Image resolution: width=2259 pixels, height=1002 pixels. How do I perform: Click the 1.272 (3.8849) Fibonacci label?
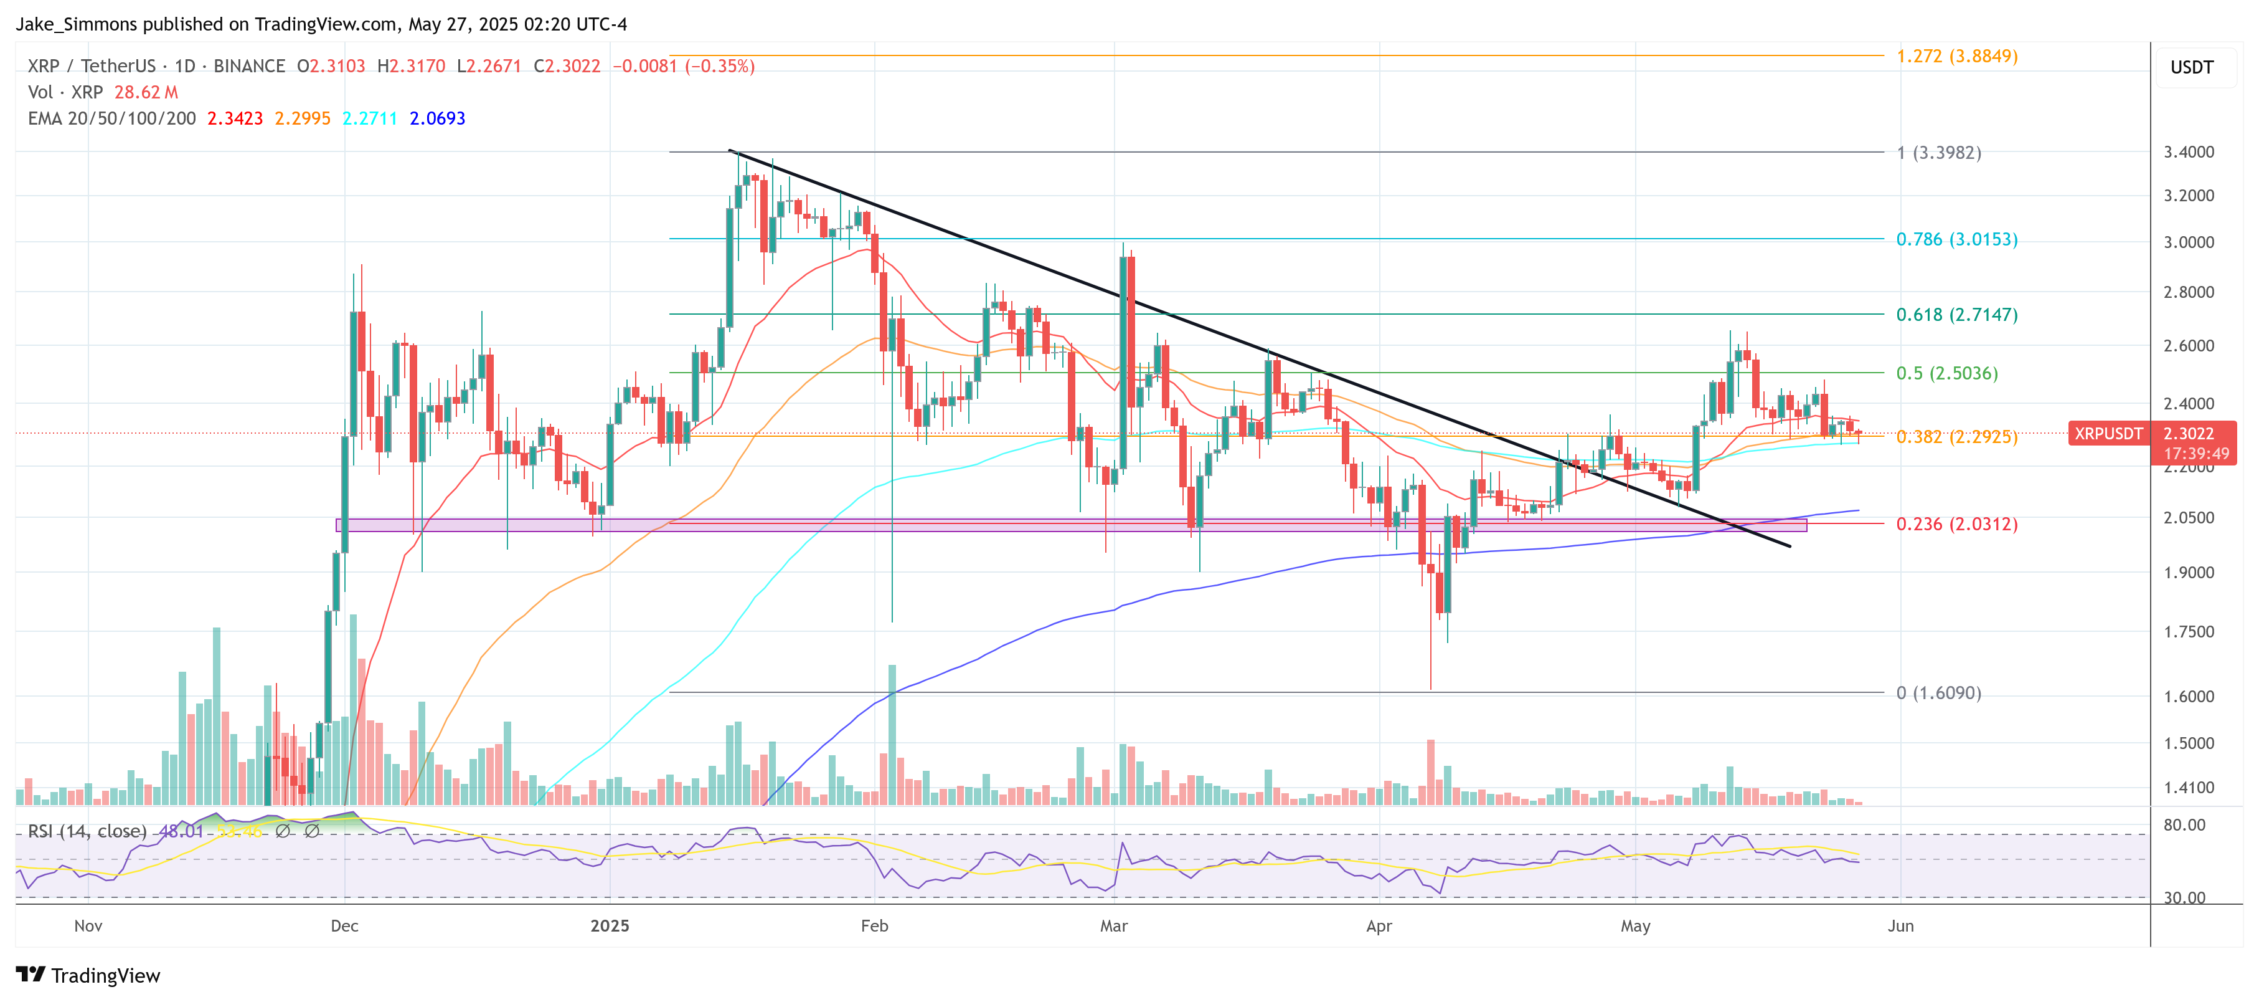coord(1956,56)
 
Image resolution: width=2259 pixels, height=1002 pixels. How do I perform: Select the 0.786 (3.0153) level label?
coord(1956,239)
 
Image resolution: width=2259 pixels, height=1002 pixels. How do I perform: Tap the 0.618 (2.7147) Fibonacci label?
coord(1956,315)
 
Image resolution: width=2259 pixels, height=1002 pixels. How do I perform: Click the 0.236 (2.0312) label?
coord(1956,525)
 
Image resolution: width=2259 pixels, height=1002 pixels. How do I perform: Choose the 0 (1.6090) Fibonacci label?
coord(1938,693)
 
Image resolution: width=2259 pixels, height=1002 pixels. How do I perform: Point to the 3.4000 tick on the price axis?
coord(2189,153)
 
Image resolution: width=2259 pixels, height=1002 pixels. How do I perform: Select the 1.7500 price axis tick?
coord(2189,632)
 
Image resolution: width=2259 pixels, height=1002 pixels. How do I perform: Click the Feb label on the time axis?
coord(874,925)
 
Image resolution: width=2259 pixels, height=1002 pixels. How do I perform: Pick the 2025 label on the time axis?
coord(610,925)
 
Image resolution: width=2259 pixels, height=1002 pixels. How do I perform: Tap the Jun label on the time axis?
coord(1900,925)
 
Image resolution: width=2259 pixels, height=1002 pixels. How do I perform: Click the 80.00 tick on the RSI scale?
coord(2184,825)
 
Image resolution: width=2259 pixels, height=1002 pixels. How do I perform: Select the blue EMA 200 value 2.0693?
coord(438,118)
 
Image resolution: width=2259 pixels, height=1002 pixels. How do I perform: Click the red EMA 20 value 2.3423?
coord(235,118)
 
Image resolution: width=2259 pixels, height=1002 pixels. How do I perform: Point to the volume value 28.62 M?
coord(146,92)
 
